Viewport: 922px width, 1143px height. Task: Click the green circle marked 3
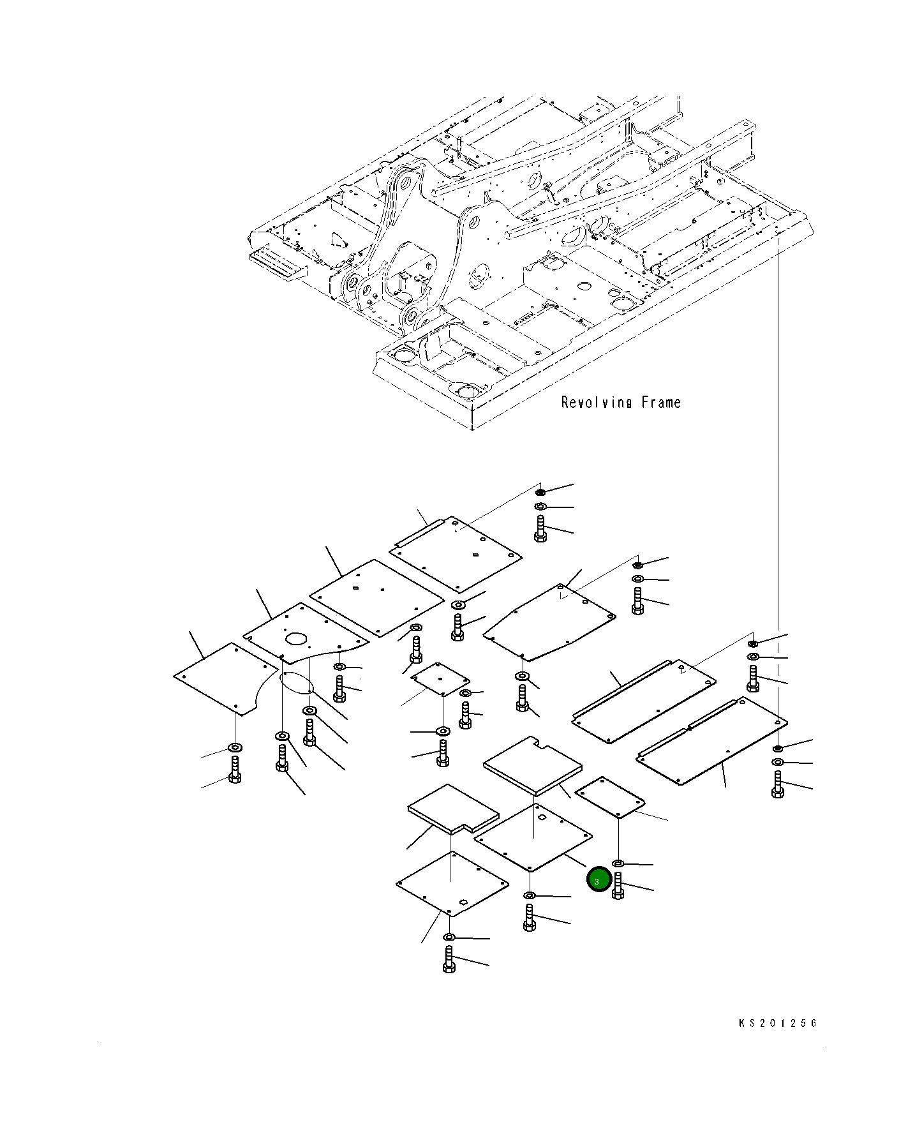(599, 881)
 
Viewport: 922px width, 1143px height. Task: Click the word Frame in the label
(661, 403)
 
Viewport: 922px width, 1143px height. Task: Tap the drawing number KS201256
(777, 1023)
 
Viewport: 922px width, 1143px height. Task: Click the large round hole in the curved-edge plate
(296, 638)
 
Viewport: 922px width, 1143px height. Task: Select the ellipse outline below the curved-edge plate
(295, 682)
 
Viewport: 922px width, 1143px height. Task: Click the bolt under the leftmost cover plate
(235, 769)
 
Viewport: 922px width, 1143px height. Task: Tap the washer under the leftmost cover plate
(235, 747)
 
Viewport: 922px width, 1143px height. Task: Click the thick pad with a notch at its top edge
(533, 766)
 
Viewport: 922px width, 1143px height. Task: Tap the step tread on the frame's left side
(278, 262)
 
